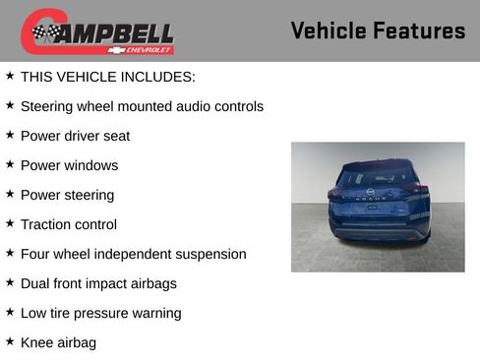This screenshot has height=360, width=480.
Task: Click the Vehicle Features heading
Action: click(378, 30)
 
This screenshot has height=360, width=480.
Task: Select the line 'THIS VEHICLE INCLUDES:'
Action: click(107, 76)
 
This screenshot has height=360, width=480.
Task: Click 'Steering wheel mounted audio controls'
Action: click(142, 105)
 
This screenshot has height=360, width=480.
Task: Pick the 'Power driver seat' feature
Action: click(75, 135)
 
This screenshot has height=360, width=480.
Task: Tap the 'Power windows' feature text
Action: click(69, 164)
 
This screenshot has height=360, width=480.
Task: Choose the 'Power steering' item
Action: click(67, 195)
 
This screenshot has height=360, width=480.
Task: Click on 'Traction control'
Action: click(68, 224)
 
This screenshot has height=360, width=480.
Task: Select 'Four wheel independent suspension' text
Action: click(133, 254)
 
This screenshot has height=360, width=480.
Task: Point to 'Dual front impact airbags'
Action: click(112, 283)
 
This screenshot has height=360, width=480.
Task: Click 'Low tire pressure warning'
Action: click(100, 313)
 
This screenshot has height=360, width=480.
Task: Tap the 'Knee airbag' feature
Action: click(58, 342)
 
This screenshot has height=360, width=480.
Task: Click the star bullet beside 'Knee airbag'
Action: click(10, 341)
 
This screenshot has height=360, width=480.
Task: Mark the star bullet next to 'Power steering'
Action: click(10, 194)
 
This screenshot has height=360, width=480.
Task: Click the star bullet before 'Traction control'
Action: click(10, 223)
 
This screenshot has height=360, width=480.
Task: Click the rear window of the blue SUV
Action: click(374, 178)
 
